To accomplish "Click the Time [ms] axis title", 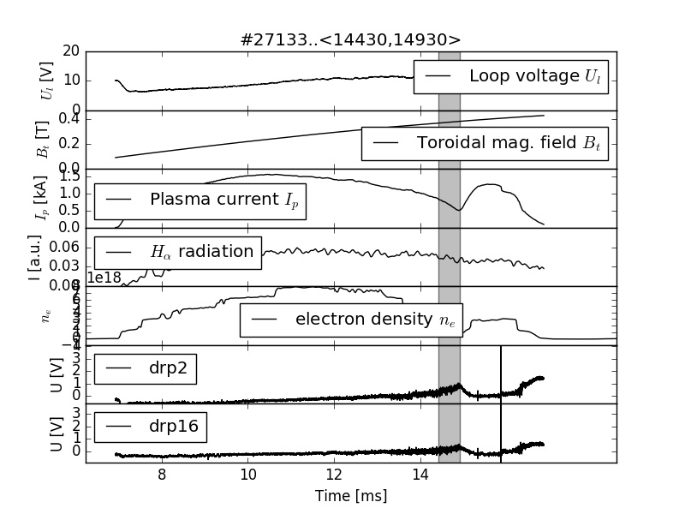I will (x=351, y=496).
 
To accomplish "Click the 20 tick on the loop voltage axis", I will (x=71, y=51).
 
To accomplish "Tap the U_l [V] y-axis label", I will (x=48, y=81).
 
